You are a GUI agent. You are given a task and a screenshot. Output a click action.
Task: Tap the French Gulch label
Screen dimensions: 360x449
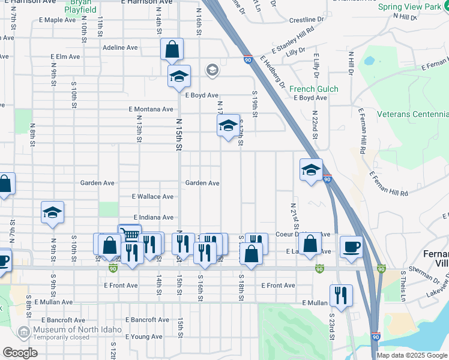click(314, 89)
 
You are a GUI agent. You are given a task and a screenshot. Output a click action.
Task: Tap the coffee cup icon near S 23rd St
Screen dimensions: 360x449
click(351, 246)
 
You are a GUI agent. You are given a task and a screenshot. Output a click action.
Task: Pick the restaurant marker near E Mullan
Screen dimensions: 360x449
click(341, 295)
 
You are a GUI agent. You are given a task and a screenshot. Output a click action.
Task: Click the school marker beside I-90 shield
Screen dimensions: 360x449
click(311, 170)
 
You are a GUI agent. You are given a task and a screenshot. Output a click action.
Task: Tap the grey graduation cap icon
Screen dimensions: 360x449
click(211, 71)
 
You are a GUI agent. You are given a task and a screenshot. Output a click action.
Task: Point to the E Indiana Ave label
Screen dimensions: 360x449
click(153, 217)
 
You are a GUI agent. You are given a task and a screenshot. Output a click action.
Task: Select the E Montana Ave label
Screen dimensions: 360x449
click(151, 109)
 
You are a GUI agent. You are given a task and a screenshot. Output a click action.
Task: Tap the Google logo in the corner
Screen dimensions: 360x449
click(20, 353)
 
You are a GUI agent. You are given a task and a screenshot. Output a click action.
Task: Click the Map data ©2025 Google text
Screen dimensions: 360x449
click(412, 355)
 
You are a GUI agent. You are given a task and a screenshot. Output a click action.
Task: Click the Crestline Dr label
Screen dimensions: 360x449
click(306, 20)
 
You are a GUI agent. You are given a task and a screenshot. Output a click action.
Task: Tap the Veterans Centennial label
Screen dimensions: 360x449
click(412, 114)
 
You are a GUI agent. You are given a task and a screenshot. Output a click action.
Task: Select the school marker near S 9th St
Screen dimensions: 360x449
click(53, 212)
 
